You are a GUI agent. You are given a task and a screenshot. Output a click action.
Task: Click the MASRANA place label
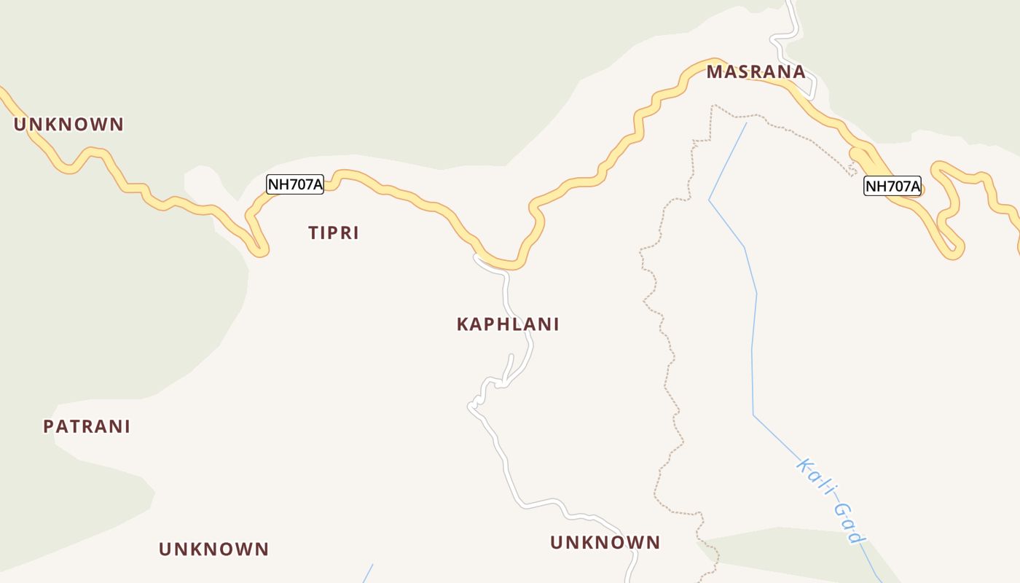point(756,72)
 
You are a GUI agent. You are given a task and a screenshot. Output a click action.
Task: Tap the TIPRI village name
point(334,233)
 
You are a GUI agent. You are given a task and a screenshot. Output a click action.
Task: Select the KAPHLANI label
point(508,324)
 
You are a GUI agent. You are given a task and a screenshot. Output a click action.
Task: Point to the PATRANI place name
point(87,426)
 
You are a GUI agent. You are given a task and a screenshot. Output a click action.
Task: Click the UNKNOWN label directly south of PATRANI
point(214,549)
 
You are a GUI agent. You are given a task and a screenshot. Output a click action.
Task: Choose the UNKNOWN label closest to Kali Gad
point(605,542)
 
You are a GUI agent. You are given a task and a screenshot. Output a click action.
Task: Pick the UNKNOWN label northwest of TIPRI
point(69,124)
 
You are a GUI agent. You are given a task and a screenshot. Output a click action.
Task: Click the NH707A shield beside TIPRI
point(295,184)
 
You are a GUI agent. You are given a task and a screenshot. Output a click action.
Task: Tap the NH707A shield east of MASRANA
point(892,186)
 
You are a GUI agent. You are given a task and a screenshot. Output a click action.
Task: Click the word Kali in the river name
point(815,477)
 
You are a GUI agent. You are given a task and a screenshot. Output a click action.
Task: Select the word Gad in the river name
point(849,523)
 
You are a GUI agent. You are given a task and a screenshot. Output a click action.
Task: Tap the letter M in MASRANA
point(714,72)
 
